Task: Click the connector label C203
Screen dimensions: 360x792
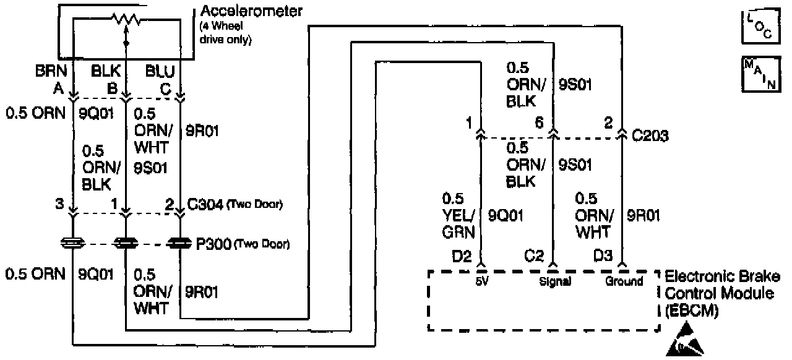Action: [x=650, y=136]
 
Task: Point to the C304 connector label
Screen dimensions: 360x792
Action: [x=207, y=205]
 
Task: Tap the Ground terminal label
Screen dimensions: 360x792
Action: [x=624, y=281]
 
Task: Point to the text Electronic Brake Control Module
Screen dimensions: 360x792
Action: [x=722, y=293]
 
